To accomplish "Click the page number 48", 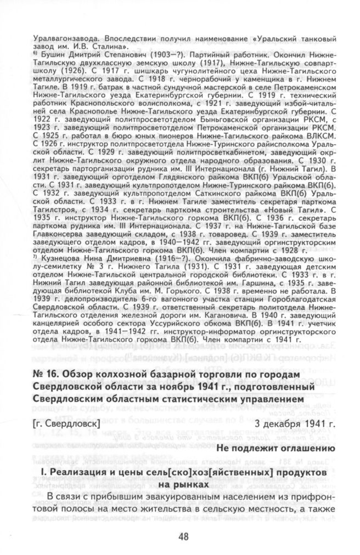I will tap(183, 536).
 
